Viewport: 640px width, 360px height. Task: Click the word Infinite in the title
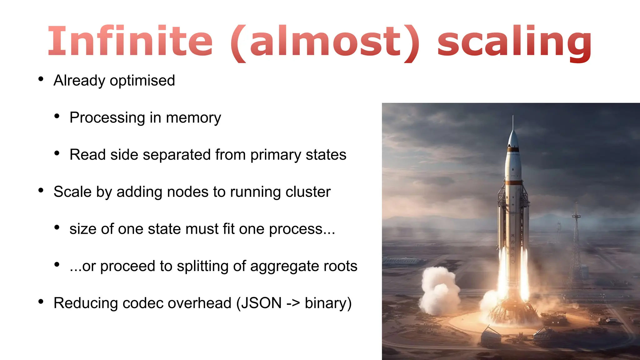pyautogui.click(x=130, y=41)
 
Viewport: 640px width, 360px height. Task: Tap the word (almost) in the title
pyautogui.click(x=325, y=42)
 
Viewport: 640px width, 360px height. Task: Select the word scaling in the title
pyautogui.click(x=514, y=42)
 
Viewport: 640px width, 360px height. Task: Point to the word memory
pyautogui.click(x=193, y=118)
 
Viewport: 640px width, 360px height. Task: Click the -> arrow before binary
pyautogui.click(x=293, y=303)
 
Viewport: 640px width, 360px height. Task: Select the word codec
pyautogui.click(x=141, y=303)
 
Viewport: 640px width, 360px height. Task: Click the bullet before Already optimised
pyautogui.click(x=41, y=79)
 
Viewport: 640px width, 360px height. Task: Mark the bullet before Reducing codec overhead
pyautogui.click(x=41, y=302)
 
